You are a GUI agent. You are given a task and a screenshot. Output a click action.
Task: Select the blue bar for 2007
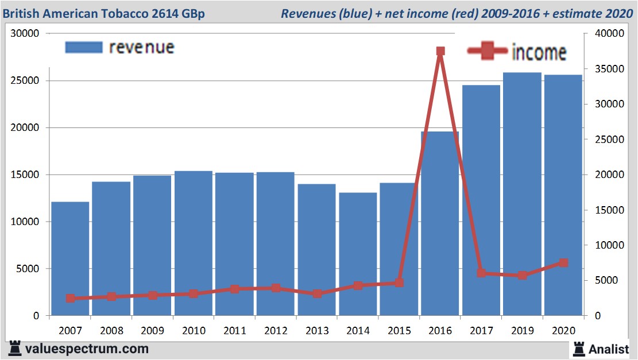click(x=70, y=258)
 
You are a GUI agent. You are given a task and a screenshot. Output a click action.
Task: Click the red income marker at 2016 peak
click(x=440, y=51)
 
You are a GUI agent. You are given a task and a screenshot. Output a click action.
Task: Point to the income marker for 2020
click(x=563, y=263)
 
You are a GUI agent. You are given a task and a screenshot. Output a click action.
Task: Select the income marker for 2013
click(x=317, y=293)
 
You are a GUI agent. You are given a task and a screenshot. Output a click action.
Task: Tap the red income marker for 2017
click(x=481, y=273)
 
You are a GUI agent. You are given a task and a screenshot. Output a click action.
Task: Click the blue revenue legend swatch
click(x=84, y=47)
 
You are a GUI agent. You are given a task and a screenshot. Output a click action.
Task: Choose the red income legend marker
click(x=489, y=51)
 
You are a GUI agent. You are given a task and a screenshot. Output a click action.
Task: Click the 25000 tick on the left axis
click(x=26, y=81)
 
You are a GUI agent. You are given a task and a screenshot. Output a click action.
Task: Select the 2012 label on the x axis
click(x=276, y=331)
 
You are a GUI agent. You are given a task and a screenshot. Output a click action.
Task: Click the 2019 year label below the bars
click(x=522, y=331)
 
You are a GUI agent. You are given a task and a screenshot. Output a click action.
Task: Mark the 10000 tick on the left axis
click(x=26, y=222)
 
